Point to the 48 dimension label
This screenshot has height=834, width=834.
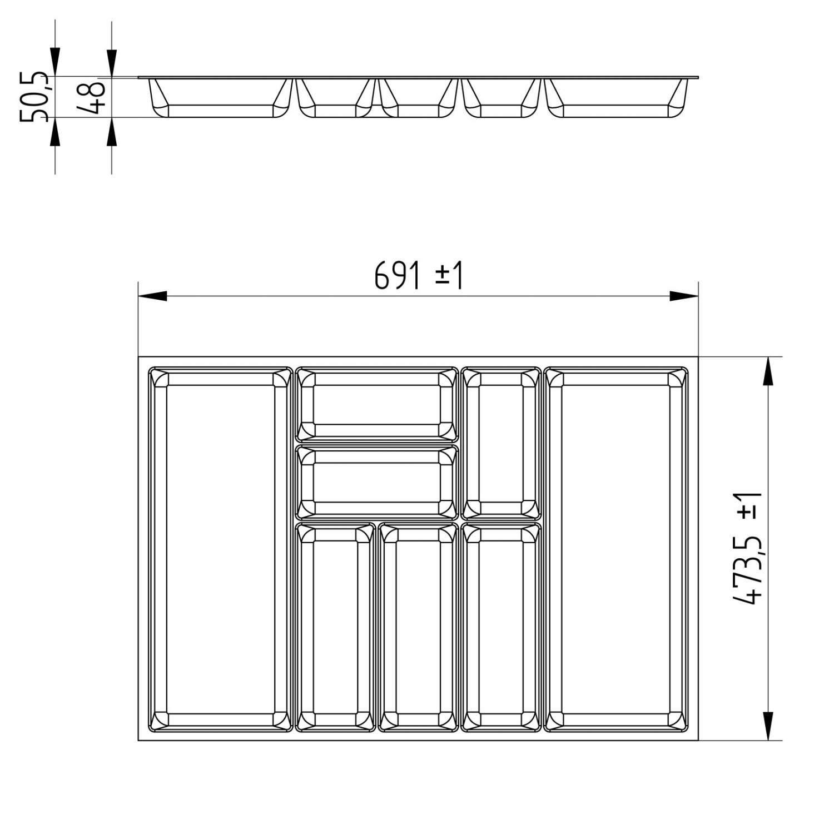[90, 97]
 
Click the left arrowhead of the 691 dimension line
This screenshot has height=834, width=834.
[152, 296]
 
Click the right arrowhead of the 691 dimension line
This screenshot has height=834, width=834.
[684, 296]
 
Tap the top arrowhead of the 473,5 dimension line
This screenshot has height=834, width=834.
[768, 371]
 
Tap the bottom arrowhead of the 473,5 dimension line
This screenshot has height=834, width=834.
[768, 726]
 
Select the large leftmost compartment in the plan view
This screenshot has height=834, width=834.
[220, 549]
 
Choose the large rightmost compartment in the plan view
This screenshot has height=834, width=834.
[615, 549]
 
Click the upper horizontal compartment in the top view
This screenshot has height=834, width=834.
[376, 404]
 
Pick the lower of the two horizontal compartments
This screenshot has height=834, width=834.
[376, 482]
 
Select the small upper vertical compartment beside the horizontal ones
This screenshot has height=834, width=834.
[501, 443]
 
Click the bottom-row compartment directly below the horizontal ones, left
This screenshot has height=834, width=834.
[335, 627]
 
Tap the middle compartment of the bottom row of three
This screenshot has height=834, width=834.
[418, 627]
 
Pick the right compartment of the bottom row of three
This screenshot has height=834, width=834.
[501, 627]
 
